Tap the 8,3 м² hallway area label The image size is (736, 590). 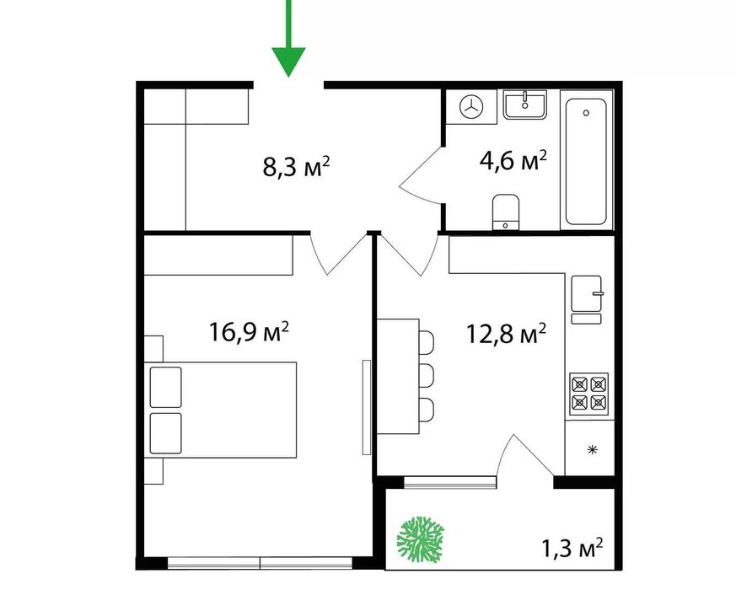click(x=296, y=167)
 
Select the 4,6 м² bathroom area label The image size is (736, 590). click(x=513, y=161)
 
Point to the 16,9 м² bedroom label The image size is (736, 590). click(x=249, y=332)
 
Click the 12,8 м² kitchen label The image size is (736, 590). click(x=506, y=334)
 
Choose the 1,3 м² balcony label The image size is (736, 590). click(x=572, y=548)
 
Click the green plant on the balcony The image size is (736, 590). click(x=420, y=539)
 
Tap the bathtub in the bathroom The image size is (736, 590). click(x=586, y=161)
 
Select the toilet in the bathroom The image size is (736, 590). click(x=506, y=212)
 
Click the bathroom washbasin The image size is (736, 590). click(x=524, y=105)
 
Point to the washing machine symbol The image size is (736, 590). click(x=470, y=107)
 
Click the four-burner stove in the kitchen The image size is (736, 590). click(x=589, y=394)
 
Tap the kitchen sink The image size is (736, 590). click(x=586, y=294)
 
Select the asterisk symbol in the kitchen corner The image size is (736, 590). click(x=593, y=449)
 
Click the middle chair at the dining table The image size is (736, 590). click(x=427, y=375)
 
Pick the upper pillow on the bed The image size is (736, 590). click(x=166, y=387)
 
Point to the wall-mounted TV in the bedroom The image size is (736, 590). click(x=367, y=407)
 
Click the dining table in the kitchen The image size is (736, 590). click(x=398, y=376)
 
